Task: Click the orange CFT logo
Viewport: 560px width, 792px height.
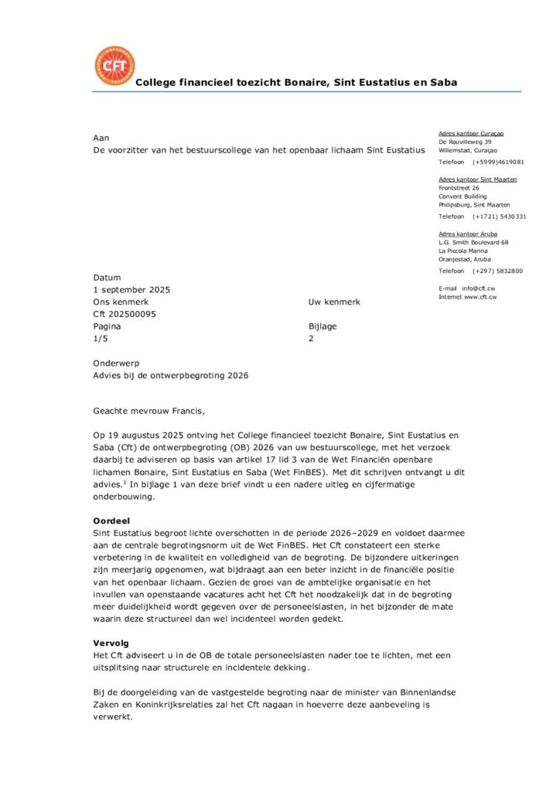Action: pos(114,66)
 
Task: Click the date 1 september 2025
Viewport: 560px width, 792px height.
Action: pos(131,289)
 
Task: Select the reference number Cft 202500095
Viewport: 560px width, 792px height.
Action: pos(125,314)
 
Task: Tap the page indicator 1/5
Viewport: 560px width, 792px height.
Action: pos(101,339)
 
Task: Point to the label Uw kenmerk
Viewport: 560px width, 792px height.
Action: pos(334,302)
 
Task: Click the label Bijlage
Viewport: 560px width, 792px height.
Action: pos(323,326)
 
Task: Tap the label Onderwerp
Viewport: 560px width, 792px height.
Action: pos(116,363)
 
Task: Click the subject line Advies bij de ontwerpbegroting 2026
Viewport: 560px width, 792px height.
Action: pos(171,375)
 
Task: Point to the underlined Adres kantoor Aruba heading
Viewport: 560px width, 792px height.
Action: pos(468,234)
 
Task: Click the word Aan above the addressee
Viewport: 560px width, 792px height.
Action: pos(101,137)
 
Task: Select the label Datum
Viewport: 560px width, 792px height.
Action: pos(107,277)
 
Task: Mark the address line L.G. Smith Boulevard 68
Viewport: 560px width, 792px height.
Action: pos(473,242)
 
